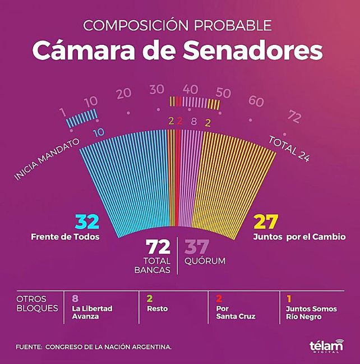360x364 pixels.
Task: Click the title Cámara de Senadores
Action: tap(177, 50)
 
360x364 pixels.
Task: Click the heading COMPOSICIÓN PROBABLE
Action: tap(177, 26)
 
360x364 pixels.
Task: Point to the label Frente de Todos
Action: tap(65, 237)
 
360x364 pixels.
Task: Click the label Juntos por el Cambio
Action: tap(299, 237)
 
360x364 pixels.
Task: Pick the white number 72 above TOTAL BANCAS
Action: tap(158, 247)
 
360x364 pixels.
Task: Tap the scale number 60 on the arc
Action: tap(256, 102)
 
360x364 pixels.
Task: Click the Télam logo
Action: tap(326, 346)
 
